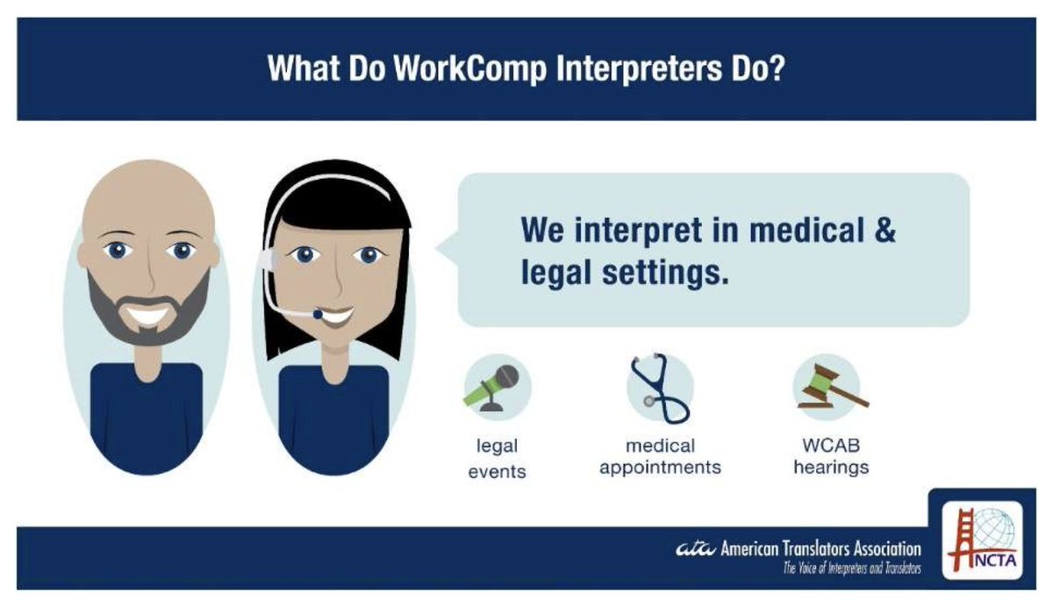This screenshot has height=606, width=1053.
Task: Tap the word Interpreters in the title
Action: coord(631,68)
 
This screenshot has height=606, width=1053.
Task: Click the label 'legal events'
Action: coord(496,459)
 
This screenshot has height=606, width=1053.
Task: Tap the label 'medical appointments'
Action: coord(660,456)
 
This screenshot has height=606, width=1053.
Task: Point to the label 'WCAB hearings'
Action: coord(830,456)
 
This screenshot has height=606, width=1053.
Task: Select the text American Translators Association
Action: coord(820,550)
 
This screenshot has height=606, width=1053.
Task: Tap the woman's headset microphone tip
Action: coord(318,314)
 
